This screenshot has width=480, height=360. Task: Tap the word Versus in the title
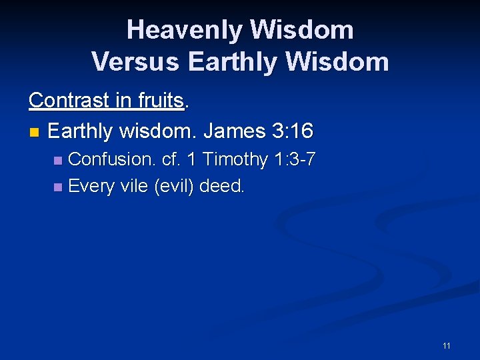point(136,62)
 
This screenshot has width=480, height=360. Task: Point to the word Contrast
point(69,100)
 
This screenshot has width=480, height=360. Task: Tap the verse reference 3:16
point(293,131)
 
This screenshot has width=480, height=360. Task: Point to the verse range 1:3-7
point(294,159)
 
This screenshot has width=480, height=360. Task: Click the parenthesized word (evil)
point(175,186)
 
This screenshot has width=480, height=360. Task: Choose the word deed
point(222,186)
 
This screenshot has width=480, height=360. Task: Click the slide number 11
point(446,345)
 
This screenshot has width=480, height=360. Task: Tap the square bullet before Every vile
point(58,187)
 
